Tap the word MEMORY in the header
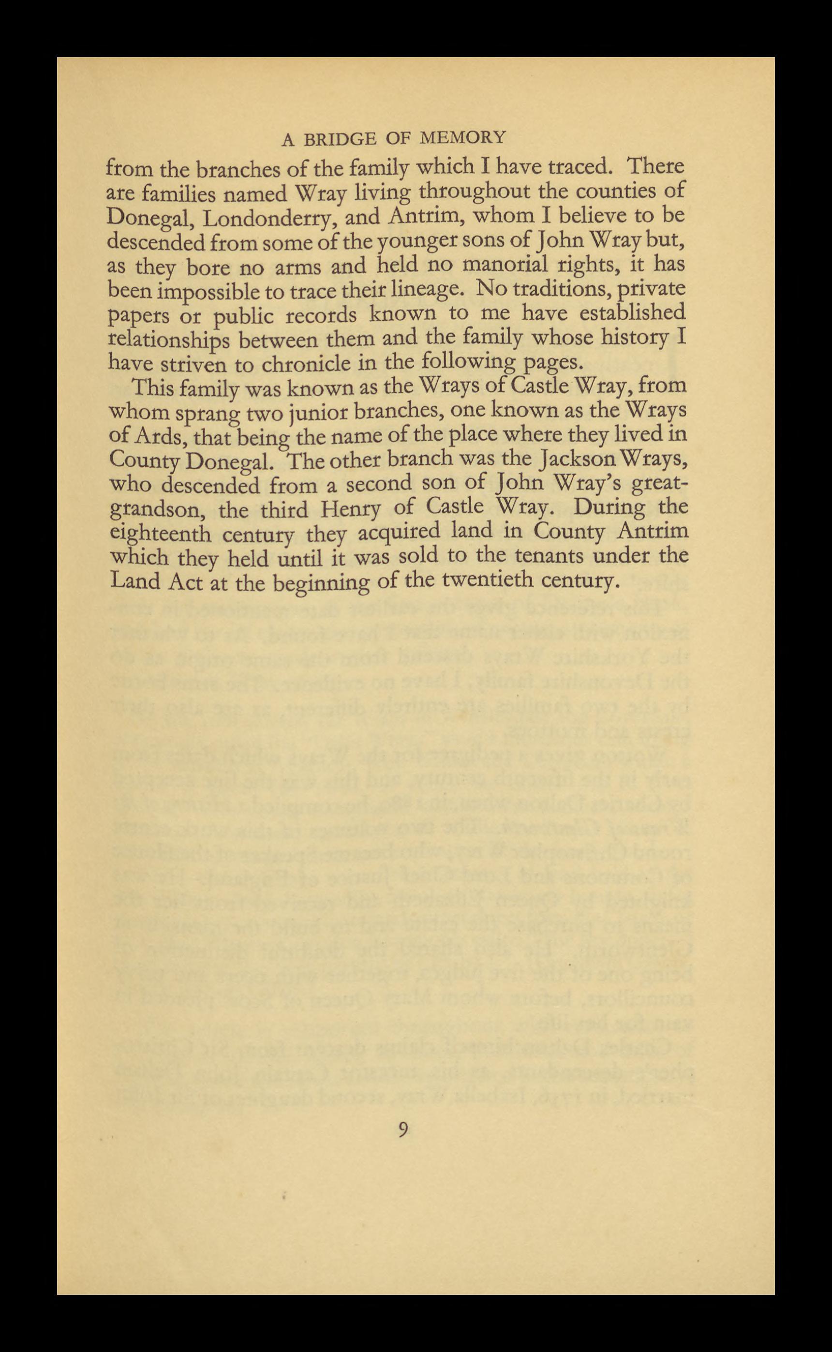pyautogui.click(x=463, y=137)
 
